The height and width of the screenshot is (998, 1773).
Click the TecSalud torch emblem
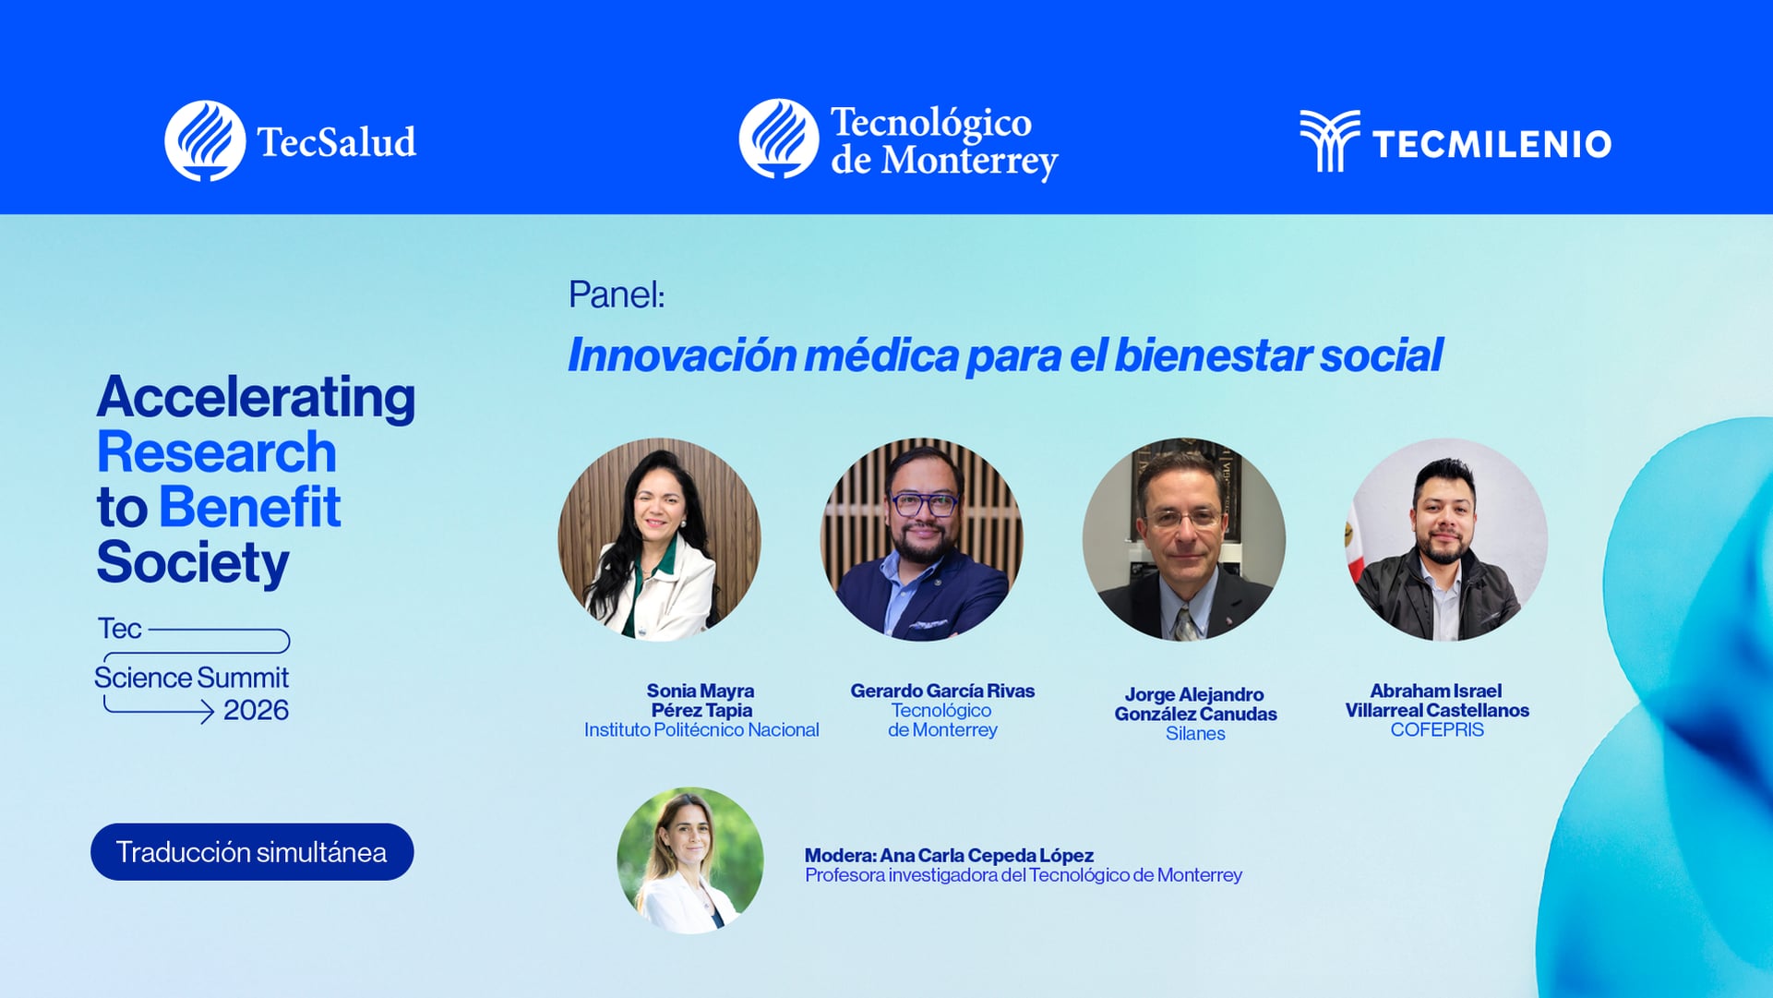coord(205,141)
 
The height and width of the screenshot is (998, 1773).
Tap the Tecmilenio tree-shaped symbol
coord(1329,140)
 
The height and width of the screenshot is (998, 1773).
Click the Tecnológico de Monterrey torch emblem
coord(779,139)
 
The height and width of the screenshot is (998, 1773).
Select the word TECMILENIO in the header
coord(1491,144)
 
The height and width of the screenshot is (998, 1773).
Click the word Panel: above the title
coord(616,295)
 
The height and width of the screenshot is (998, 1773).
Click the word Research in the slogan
coord(216,452)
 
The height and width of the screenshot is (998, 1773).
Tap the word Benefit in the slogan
coord(249,508)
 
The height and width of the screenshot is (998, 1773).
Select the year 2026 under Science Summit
coord(256,710)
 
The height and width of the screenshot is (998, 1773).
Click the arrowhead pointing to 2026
coord(208,711)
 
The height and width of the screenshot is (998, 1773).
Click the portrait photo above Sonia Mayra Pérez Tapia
coord(659,539)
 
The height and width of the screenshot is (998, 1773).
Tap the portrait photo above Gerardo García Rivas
coord(921,539)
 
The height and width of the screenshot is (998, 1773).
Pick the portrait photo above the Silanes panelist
coord(1183,539)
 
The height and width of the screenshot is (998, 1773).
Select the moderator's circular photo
coord(689,860)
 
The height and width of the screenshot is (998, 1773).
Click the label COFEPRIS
coord(1436,730)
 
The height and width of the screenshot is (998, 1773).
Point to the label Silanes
coord(1194,734)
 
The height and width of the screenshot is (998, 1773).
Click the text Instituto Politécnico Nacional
coord(701,730)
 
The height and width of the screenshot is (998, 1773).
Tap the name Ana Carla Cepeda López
coord(986,856)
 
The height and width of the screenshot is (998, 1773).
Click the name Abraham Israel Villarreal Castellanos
coord(1436,701)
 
